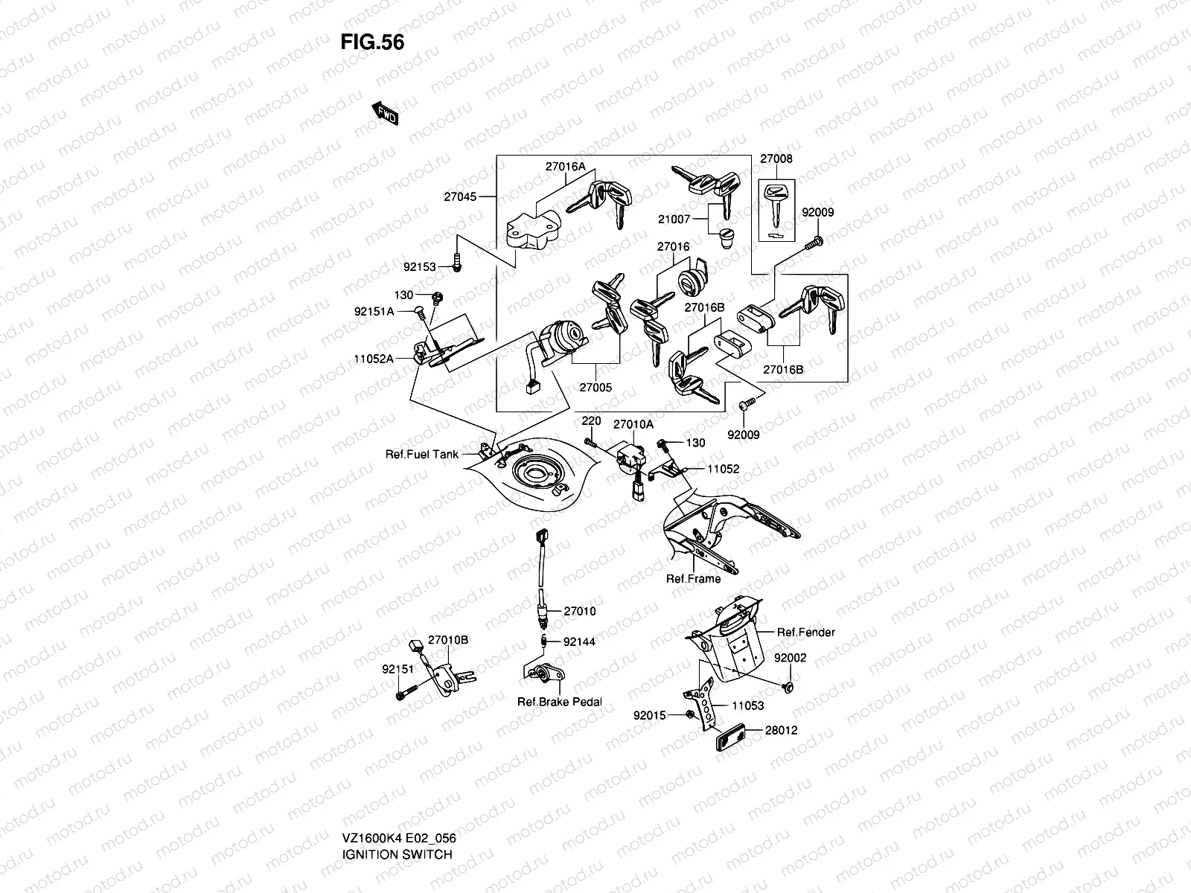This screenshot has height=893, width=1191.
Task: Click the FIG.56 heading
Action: [372, 42]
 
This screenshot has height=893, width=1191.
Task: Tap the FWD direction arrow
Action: [385, 113]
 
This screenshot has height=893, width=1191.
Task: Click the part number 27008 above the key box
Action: [776, 159]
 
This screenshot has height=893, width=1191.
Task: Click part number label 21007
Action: [674, 220]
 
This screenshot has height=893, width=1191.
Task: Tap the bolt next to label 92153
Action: [456, 260]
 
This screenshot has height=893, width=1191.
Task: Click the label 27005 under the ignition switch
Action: [595, 388]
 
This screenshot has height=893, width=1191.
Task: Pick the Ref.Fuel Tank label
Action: [421, 454]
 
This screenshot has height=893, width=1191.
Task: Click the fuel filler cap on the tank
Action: [530, 472]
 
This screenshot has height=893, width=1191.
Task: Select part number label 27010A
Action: [633, 424]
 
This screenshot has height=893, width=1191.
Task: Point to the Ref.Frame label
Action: [693, 578]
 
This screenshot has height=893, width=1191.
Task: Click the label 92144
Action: [579, 641]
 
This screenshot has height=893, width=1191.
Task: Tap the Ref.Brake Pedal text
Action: [560, 702]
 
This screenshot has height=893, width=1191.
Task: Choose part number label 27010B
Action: [448, 640]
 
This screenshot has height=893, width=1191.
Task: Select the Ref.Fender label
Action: [806, 633]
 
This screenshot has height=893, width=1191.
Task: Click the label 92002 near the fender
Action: [790, 659]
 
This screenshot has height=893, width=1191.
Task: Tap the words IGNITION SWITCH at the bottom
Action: [397, 813]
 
